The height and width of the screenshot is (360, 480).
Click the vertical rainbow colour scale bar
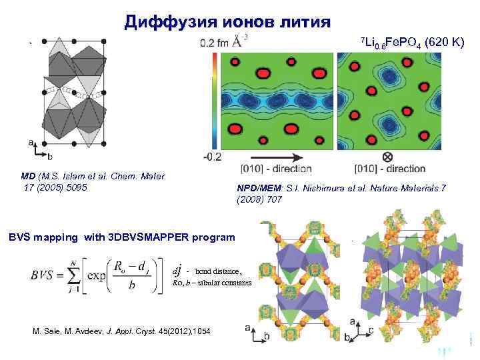click(x=213, y=100)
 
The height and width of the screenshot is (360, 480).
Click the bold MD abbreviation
click(x=27, y=176)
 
